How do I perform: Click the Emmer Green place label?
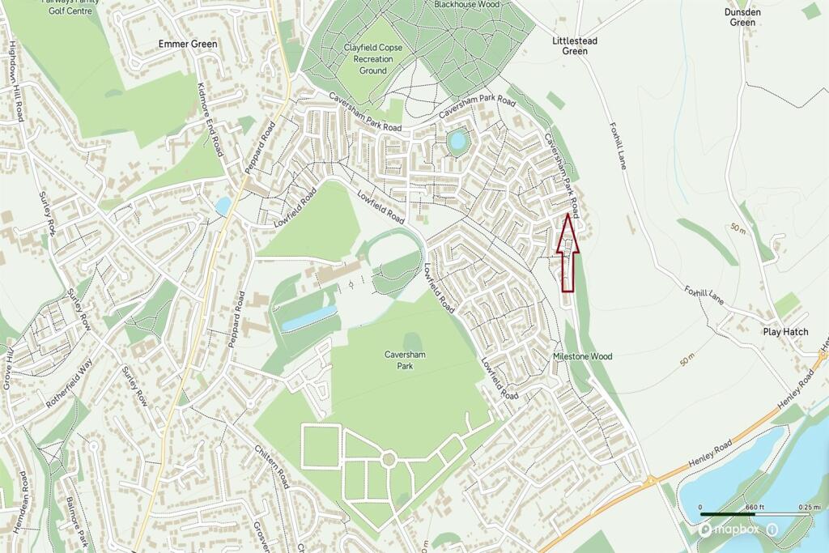pos(188,43)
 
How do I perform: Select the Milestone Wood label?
pos(582,356)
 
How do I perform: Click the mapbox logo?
pos(730,530)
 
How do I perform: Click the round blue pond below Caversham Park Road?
pos(457,142)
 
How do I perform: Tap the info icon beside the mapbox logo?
pos(772,530)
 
